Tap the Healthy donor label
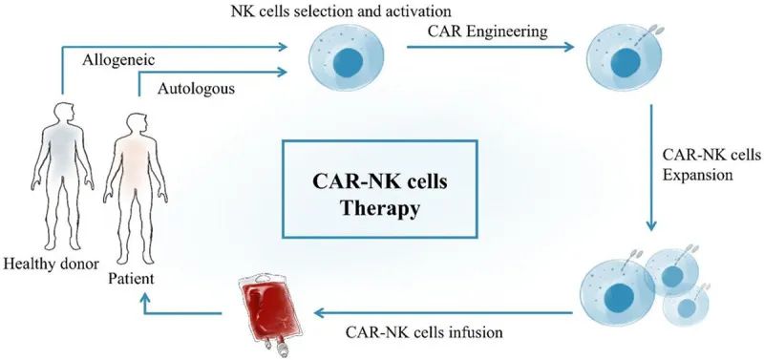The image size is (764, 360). (x=45, y=263)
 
